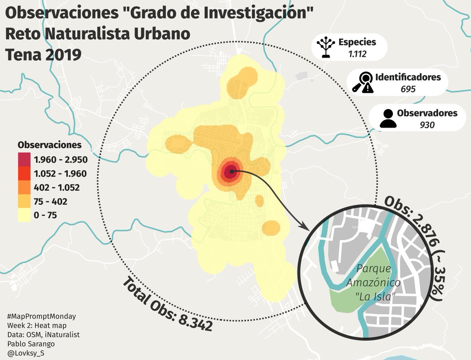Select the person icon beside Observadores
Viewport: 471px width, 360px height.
coord(388,119)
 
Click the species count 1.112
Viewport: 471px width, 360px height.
coord(357,54)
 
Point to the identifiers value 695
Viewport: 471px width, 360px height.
coord(408,89)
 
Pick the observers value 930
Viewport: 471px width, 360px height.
coord(427,125)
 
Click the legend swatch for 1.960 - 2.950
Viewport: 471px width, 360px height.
coord(24,159)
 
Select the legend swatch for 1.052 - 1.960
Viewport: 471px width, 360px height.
coord(24,173)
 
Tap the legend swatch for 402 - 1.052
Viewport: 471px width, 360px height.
coord(24,187)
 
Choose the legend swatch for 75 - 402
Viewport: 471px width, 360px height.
coord(24,202)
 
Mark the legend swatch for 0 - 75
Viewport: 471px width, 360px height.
coord(24,215)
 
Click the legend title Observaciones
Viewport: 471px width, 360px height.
coord(49,145)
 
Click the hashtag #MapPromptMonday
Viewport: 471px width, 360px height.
coord(41,316)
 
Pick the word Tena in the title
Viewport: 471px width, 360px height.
coord(23,55)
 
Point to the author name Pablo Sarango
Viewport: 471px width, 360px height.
coord(31,344)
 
